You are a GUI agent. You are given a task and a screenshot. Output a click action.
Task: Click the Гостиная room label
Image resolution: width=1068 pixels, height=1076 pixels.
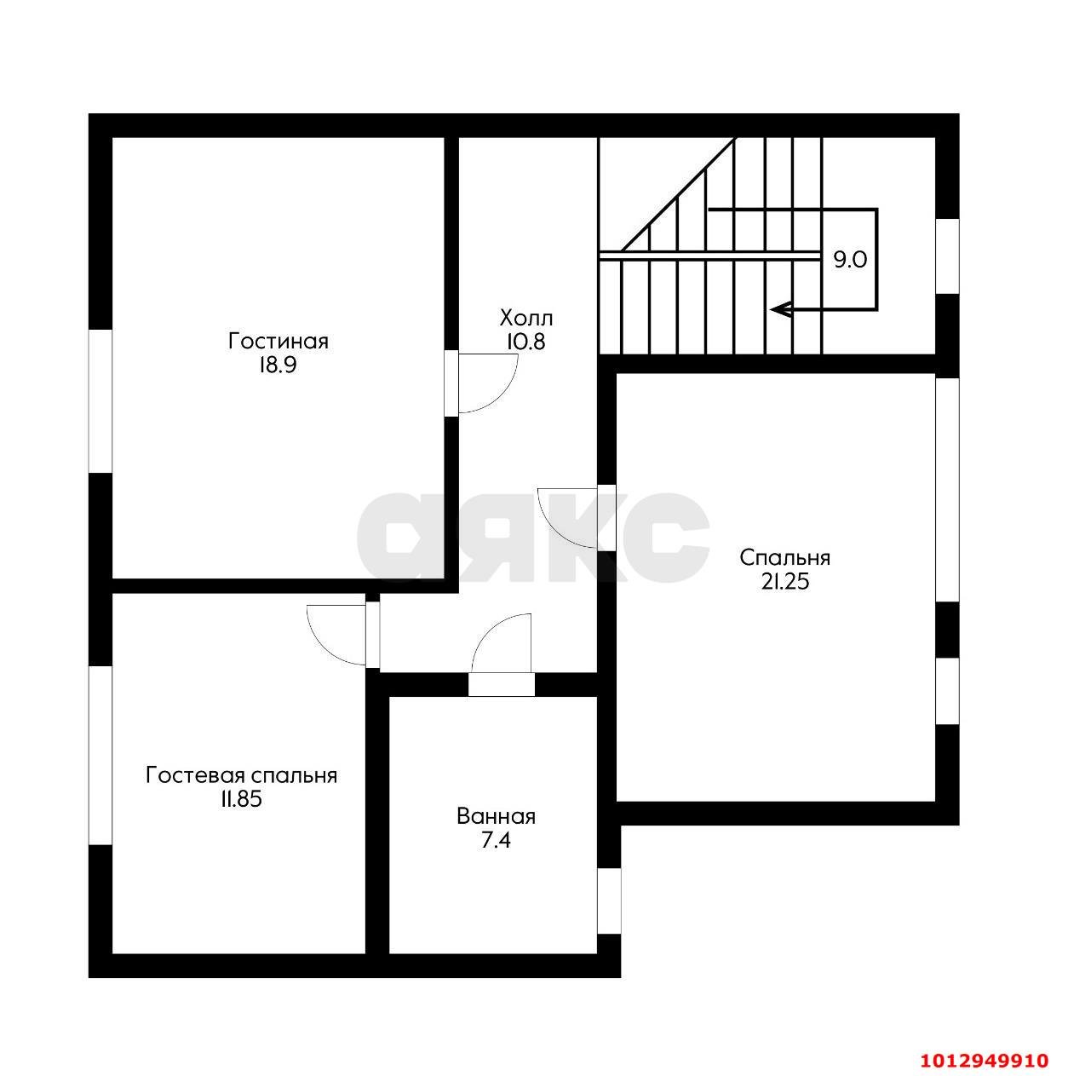coord(278,341)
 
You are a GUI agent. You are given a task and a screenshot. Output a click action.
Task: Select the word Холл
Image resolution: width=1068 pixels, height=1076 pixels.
coord(525,319)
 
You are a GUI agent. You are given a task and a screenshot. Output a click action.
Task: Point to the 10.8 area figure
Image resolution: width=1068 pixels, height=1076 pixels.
coord(525,342)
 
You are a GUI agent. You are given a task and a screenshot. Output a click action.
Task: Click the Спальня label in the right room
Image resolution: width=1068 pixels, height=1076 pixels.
coord(785,558)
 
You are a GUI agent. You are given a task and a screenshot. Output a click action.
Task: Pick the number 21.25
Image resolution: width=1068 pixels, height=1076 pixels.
coord(784,583)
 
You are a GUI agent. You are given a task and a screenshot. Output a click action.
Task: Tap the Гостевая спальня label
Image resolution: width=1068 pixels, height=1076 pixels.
coord(241,775)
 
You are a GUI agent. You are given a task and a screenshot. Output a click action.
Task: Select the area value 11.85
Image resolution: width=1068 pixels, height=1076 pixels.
coord(241,800)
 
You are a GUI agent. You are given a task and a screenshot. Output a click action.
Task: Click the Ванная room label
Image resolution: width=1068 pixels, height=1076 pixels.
coord(496,816)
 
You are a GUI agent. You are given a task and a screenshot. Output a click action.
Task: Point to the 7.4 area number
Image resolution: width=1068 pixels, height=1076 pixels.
coord(496,840)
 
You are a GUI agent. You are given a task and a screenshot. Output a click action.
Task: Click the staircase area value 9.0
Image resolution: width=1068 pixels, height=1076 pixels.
coord(850,260)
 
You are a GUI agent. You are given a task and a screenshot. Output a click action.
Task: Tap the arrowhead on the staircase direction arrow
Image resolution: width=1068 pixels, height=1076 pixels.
coord(779,308)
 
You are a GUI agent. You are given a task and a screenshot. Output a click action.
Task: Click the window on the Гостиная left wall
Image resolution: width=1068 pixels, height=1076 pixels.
coord(100,401)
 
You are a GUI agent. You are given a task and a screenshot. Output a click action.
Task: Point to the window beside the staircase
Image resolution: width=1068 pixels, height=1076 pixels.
coord(947,256)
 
